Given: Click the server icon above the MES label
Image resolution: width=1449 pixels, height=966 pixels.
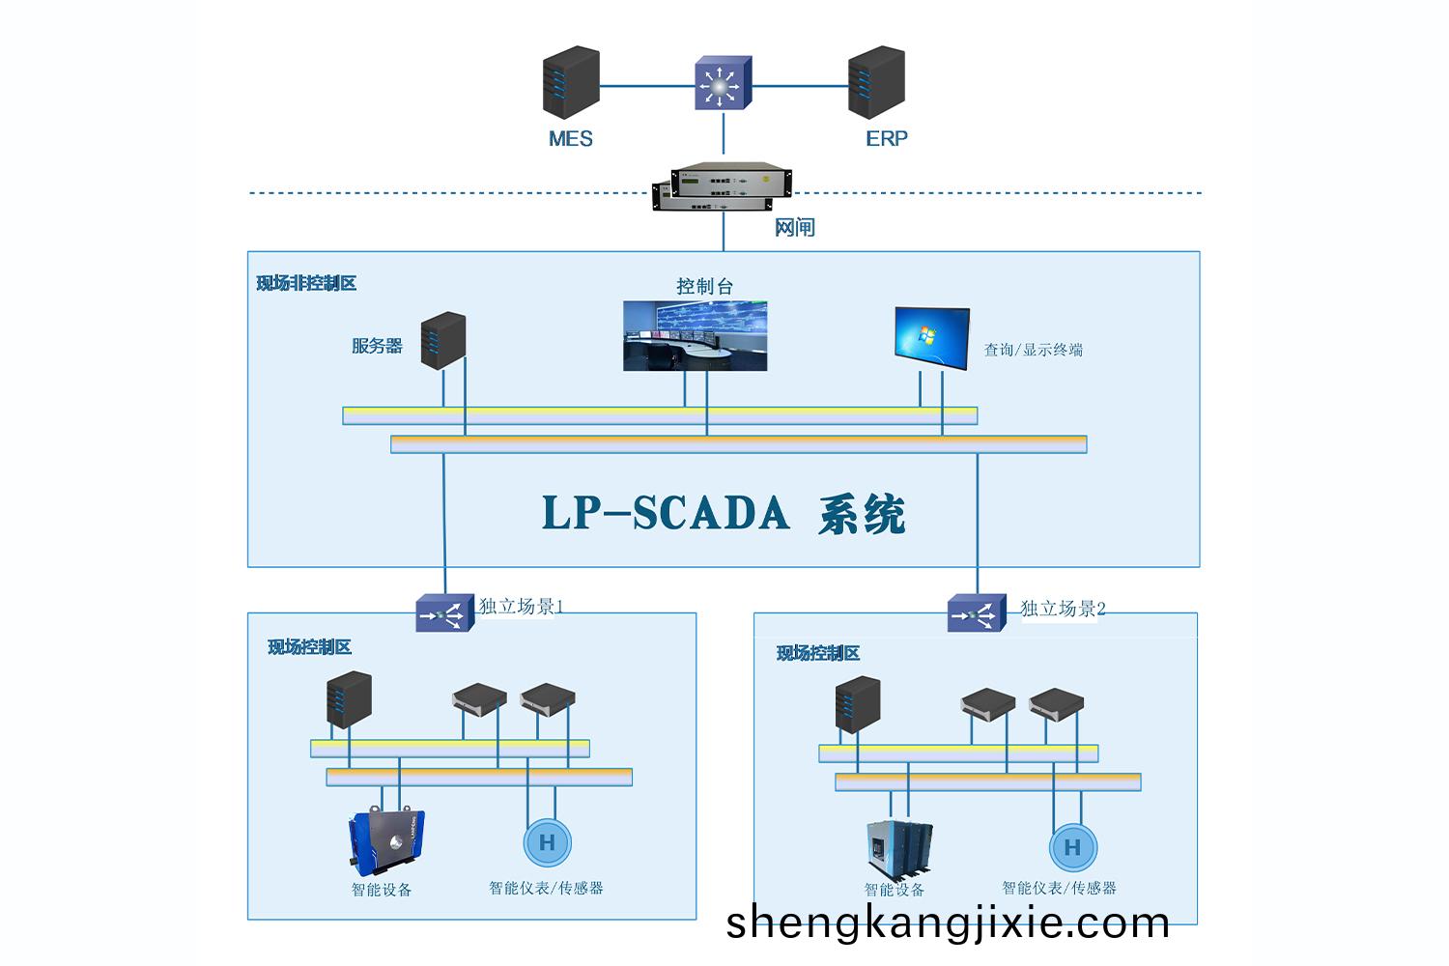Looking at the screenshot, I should click(571, 83).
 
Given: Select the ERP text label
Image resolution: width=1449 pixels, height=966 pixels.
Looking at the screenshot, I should click(886, 139).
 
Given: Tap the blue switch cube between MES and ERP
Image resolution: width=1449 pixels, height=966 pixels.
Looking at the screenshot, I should click(723, 83).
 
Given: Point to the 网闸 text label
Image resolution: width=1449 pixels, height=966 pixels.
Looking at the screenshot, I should click(795, 228).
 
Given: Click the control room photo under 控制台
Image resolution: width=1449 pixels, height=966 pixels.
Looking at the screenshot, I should click(695, 336).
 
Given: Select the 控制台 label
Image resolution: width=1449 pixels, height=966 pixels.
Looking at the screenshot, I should click(704, 286).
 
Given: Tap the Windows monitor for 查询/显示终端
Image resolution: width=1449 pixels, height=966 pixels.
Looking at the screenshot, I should click(931, 338).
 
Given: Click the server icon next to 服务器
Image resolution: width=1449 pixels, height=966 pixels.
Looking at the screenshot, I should click(443, 340).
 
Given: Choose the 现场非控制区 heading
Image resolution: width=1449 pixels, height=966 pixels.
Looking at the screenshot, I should click(306, 283).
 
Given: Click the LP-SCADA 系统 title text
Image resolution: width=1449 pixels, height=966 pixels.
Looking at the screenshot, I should click(723, 513).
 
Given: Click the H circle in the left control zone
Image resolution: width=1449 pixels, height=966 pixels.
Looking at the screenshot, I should click(547, 842).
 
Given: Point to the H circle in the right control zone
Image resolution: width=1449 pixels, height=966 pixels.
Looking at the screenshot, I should click(1072, 848).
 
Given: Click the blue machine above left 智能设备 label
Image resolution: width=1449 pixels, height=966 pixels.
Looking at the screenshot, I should click(385, 841).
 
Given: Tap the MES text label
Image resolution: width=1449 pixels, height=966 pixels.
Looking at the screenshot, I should click(570, 139).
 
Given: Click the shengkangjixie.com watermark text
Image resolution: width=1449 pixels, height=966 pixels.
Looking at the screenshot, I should click(947, 923).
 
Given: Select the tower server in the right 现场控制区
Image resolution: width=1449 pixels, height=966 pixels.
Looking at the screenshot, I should click(858, 704).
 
